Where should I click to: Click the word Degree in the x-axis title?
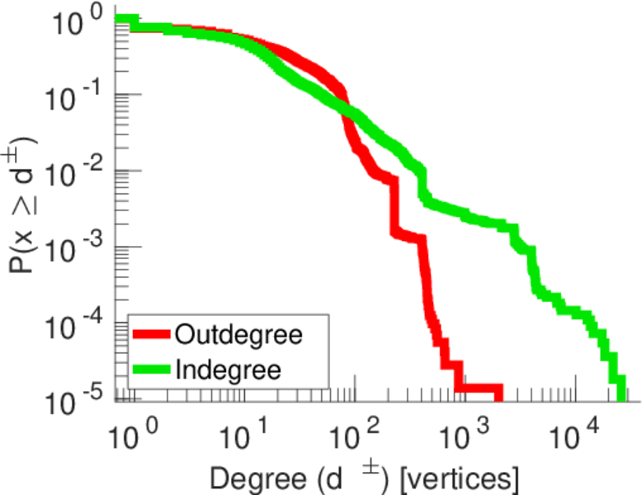(x=248, y=478)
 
